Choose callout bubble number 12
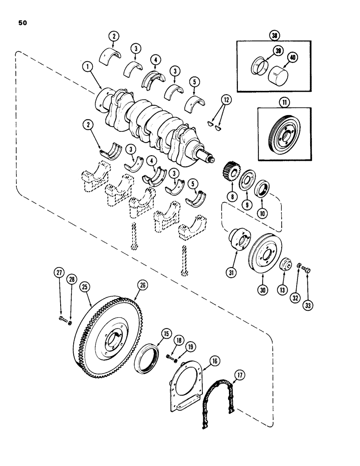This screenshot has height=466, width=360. click(x=226, y=99)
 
